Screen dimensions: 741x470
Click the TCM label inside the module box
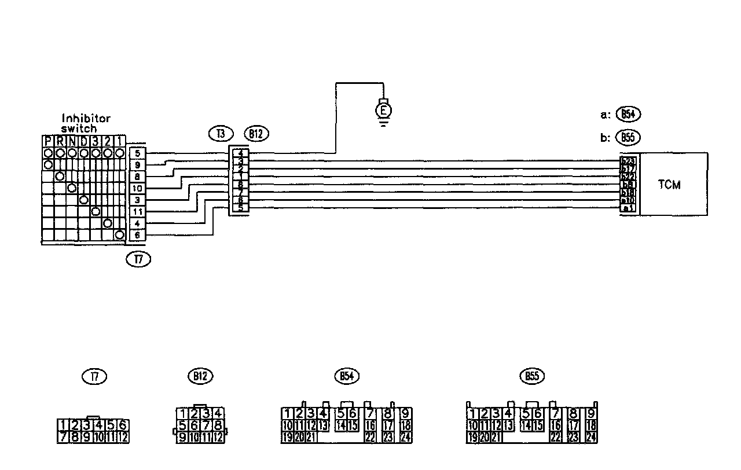tap(669, 185)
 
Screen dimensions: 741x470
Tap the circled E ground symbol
tap(384, 108)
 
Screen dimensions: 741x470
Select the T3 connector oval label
tap(221, 134)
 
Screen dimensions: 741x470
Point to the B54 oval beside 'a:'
tap(628, 114)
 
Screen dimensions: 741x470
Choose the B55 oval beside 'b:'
tap(628, 138)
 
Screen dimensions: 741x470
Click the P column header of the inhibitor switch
tap(48, 141)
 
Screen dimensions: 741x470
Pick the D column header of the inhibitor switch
tap(84, 141)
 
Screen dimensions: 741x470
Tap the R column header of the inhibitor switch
tap(60, 141)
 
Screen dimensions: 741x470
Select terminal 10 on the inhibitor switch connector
tap(137, 188)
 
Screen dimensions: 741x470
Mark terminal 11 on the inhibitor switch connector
tap(137, 212)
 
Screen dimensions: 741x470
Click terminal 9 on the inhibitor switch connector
tap(137, 165)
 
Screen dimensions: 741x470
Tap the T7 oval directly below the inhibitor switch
tap(138, 260)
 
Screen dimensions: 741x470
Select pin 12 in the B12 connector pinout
tap(218, 438)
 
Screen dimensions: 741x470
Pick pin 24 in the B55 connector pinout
tap(590, 438)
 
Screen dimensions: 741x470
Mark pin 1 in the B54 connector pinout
tap(287, 413)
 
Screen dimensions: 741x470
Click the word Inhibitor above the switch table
tap(86, 119)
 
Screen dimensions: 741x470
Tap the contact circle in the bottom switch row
tap(119, 235)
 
